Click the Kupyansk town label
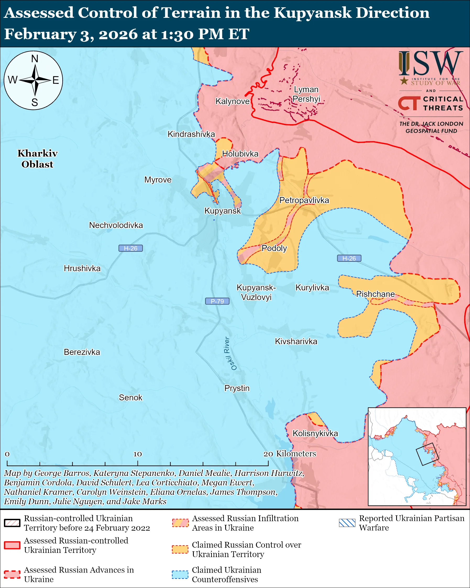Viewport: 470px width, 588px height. (223, 211)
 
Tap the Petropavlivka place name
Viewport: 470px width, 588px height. (304, 200)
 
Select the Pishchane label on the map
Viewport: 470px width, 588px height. (375, 294)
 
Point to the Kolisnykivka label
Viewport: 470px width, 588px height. (315, 433)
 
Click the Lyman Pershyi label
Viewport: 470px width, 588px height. (306, 94)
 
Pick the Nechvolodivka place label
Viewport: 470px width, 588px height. (116, 225)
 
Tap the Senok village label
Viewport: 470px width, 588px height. (130, 398)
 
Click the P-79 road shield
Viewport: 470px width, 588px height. (217, 301)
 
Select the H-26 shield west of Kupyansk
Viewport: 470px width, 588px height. (130, 248)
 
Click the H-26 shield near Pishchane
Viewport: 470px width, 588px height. (349, 258)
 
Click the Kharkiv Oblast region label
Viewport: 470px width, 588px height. (38, 159)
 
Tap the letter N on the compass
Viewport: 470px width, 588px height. (35, 59)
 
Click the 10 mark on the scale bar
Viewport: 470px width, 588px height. (137, 454)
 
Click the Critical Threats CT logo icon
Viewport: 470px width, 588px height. (409, 103)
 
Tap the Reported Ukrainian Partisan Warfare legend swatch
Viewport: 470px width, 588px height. (347, 523)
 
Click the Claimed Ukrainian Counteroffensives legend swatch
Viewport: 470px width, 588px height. (180, 574)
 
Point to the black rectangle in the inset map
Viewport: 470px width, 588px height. (427, 454)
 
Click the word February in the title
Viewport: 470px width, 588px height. (40, 34)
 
